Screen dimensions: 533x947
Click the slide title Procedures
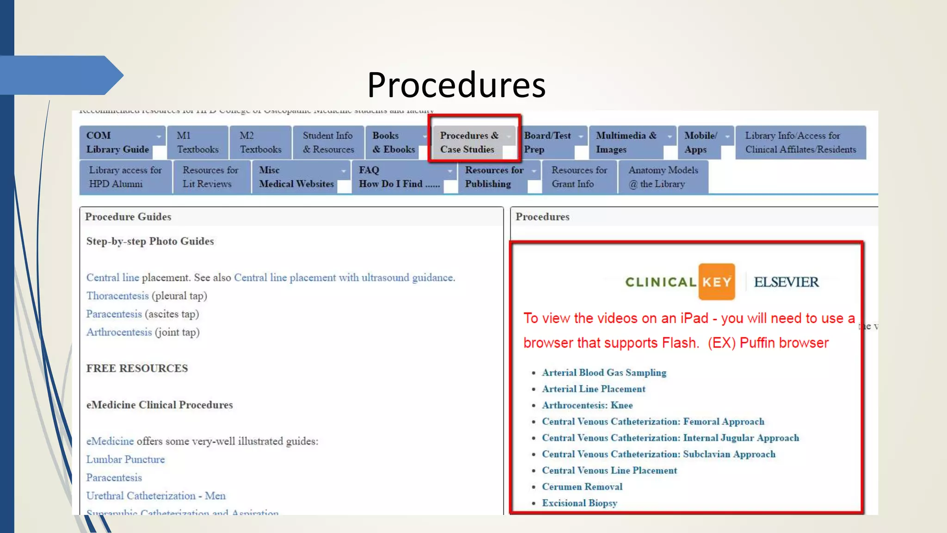click(x=456, y=85)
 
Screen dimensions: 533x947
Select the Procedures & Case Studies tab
click(x=469, y=143)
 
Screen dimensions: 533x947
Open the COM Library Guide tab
click(x=117, y=143)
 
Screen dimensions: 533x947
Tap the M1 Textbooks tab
click(x=197, y=143)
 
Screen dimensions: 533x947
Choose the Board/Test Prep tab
click(x=547, y=143)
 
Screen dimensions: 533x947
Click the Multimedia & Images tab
click(x=626, y=143)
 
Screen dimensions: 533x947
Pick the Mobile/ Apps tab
click(x=700, y=143)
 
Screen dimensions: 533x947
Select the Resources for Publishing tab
click(x=494, y=177)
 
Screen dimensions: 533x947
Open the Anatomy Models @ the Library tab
click(x=663, y=177)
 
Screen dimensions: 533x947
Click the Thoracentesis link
click(x=117, y=296)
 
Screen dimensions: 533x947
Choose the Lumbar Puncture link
click(x=125, y=459)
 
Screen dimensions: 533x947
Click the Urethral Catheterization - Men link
click(x=156, y=496)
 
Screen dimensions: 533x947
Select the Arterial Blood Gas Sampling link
click(x=604, y=372)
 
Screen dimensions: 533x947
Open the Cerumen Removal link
click(x=582, y=487)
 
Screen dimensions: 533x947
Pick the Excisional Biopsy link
click(x=579, y=503)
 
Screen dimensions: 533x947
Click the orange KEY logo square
click(x=716, y=282)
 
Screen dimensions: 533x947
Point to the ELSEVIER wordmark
click(x=786, y=282)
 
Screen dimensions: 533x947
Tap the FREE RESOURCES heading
click(x=137, y=368)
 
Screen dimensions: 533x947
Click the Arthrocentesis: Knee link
click(x=587, y=405)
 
